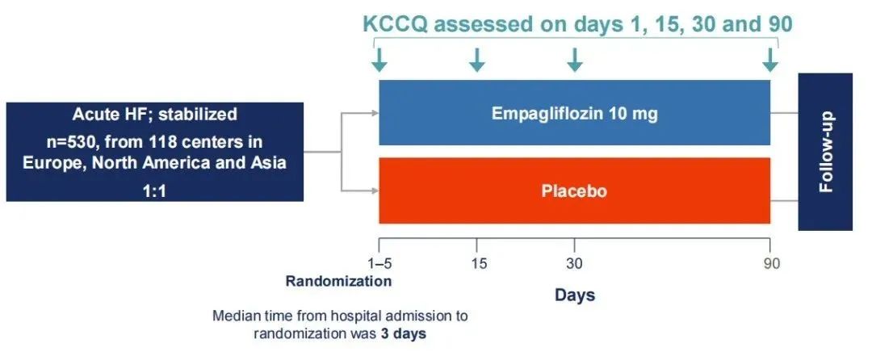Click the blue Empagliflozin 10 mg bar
click(575, 113)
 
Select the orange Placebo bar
click(575, 190)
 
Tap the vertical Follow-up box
click(825, 152)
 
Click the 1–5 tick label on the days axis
click(379, 263)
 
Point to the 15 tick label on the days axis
click(478, 263)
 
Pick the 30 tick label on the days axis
click(575, 263)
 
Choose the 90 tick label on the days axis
click(771, 263)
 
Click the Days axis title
click(575, 295)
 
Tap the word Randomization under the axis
click(338, 281)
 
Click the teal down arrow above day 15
click(477, 60)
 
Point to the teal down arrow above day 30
click(575, 60)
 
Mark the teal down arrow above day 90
click(770, 60)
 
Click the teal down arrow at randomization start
click(379, 60)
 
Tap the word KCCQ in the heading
click(396, 24)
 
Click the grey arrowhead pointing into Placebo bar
click(376, 190)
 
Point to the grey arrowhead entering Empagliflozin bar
click(376, 113)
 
